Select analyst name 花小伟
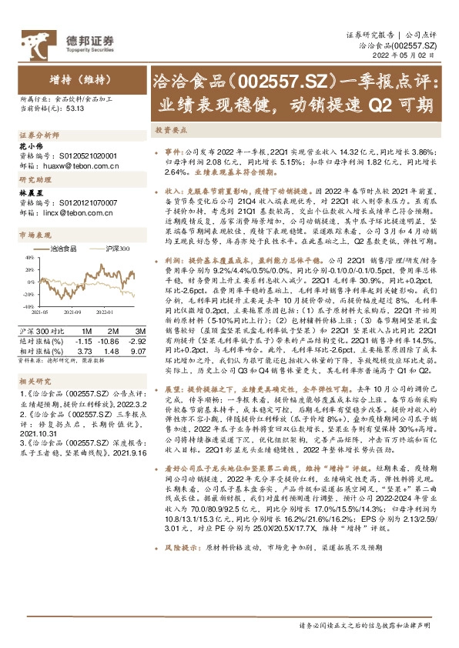point(28,145)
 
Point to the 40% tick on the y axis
point(26,259)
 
